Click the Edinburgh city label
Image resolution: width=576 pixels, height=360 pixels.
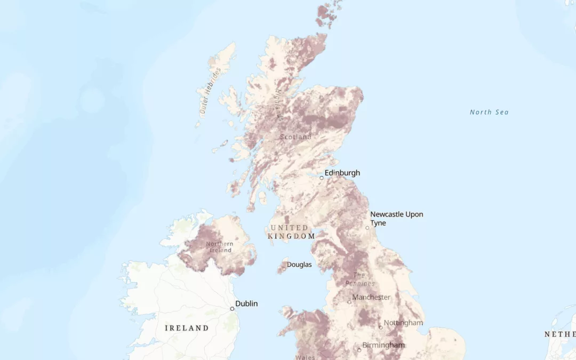(342, 173)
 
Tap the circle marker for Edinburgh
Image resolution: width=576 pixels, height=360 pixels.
(322, 178)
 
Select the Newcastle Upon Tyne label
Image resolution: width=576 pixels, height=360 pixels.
(397, 219)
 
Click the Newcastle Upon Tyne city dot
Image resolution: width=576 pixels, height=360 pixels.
(367, 228)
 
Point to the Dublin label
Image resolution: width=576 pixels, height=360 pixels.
(246, 303)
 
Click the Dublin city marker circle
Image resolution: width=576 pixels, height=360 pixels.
(232, 309)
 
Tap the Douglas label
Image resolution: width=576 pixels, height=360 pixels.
(299, 265)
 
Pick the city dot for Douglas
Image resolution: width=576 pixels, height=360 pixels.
(284, 269)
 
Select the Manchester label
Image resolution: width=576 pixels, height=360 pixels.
(371, 297)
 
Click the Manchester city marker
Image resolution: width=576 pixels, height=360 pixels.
(349, 302)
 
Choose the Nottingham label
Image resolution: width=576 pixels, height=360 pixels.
(403, 323)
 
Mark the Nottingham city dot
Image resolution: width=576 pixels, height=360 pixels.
(381, 327)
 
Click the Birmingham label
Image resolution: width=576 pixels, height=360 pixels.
(383, 345)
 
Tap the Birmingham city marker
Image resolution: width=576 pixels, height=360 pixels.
(359, 350)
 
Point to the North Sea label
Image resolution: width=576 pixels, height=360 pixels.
(489, 112)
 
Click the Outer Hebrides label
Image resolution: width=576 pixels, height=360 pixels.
(210, 91)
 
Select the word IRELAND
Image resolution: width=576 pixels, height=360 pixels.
(187, 328)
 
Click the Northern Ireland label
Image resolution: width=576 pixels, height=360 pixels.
(220, 247)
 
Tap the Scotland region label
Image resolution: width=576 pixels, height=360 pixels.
(295, 137)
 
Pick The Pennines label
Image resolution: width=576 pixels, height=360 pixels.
(359, 279)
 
